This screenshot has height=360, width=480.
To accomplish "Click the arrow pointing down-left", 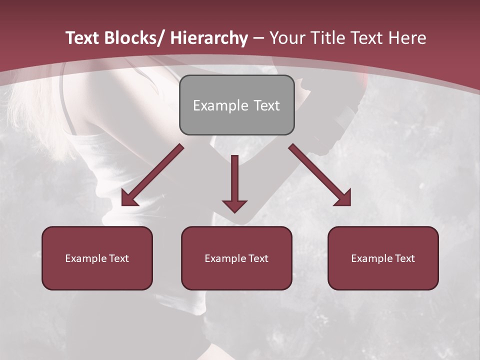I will (x=152, y=175).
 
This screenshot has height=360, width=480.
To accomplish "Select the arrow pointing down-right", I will (x=320, y=175).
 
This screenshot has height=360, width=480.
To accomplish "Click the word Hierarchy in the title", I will (x=209, y=38).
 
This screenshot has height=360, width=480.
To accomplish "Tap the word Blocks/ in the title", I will (x=132, y=38).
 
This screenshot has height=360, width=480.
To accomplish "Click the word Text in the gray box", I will (x=266, y=105).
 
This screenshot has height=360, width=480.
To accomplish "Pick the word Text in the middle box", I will (x=257, y=258).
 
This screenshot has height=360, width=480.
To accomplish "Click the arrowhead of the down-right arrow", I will (x=343, y=197).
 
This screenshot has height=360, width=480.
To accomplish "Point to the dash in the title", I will (x=258, y=38).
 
